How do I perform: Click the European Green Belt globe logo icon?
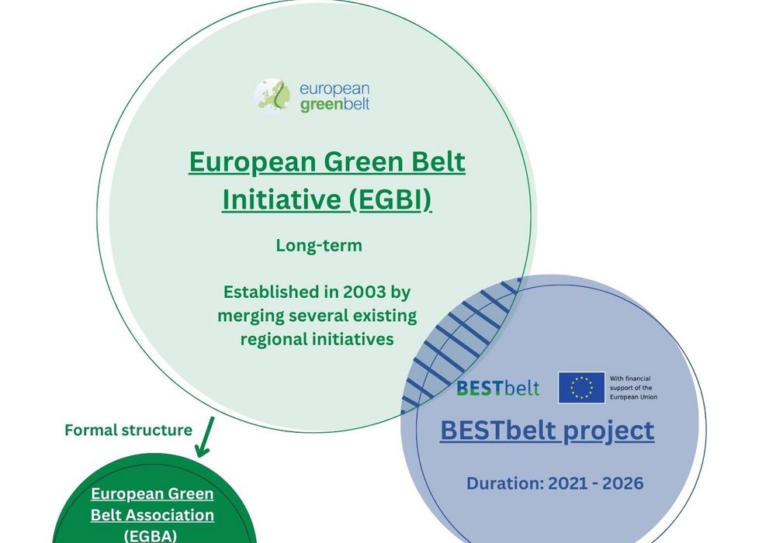click(x=272, y=95)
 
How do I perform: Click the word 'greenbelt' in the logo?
click(x=334, y=105)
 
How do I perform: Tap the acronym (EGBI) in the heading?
click(x=390, y=199)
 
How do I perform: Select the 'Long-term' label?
click(x=319, y=245)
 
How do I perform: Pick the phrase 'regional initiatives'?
click(x=317, y=339)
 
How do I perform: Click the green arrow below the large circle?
click(x=205, y=437)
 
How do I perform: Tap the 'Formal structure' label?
click(x=128, y=431)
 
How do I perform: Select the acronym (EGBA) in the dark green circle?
click(x=151, y=536)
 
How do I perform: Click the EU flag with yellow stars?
click(x=581, y=387)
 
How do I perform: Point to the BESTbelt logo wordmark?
click(x=498, y=388)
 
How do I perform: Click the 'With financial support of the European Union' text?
click(x=633, y=388)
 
